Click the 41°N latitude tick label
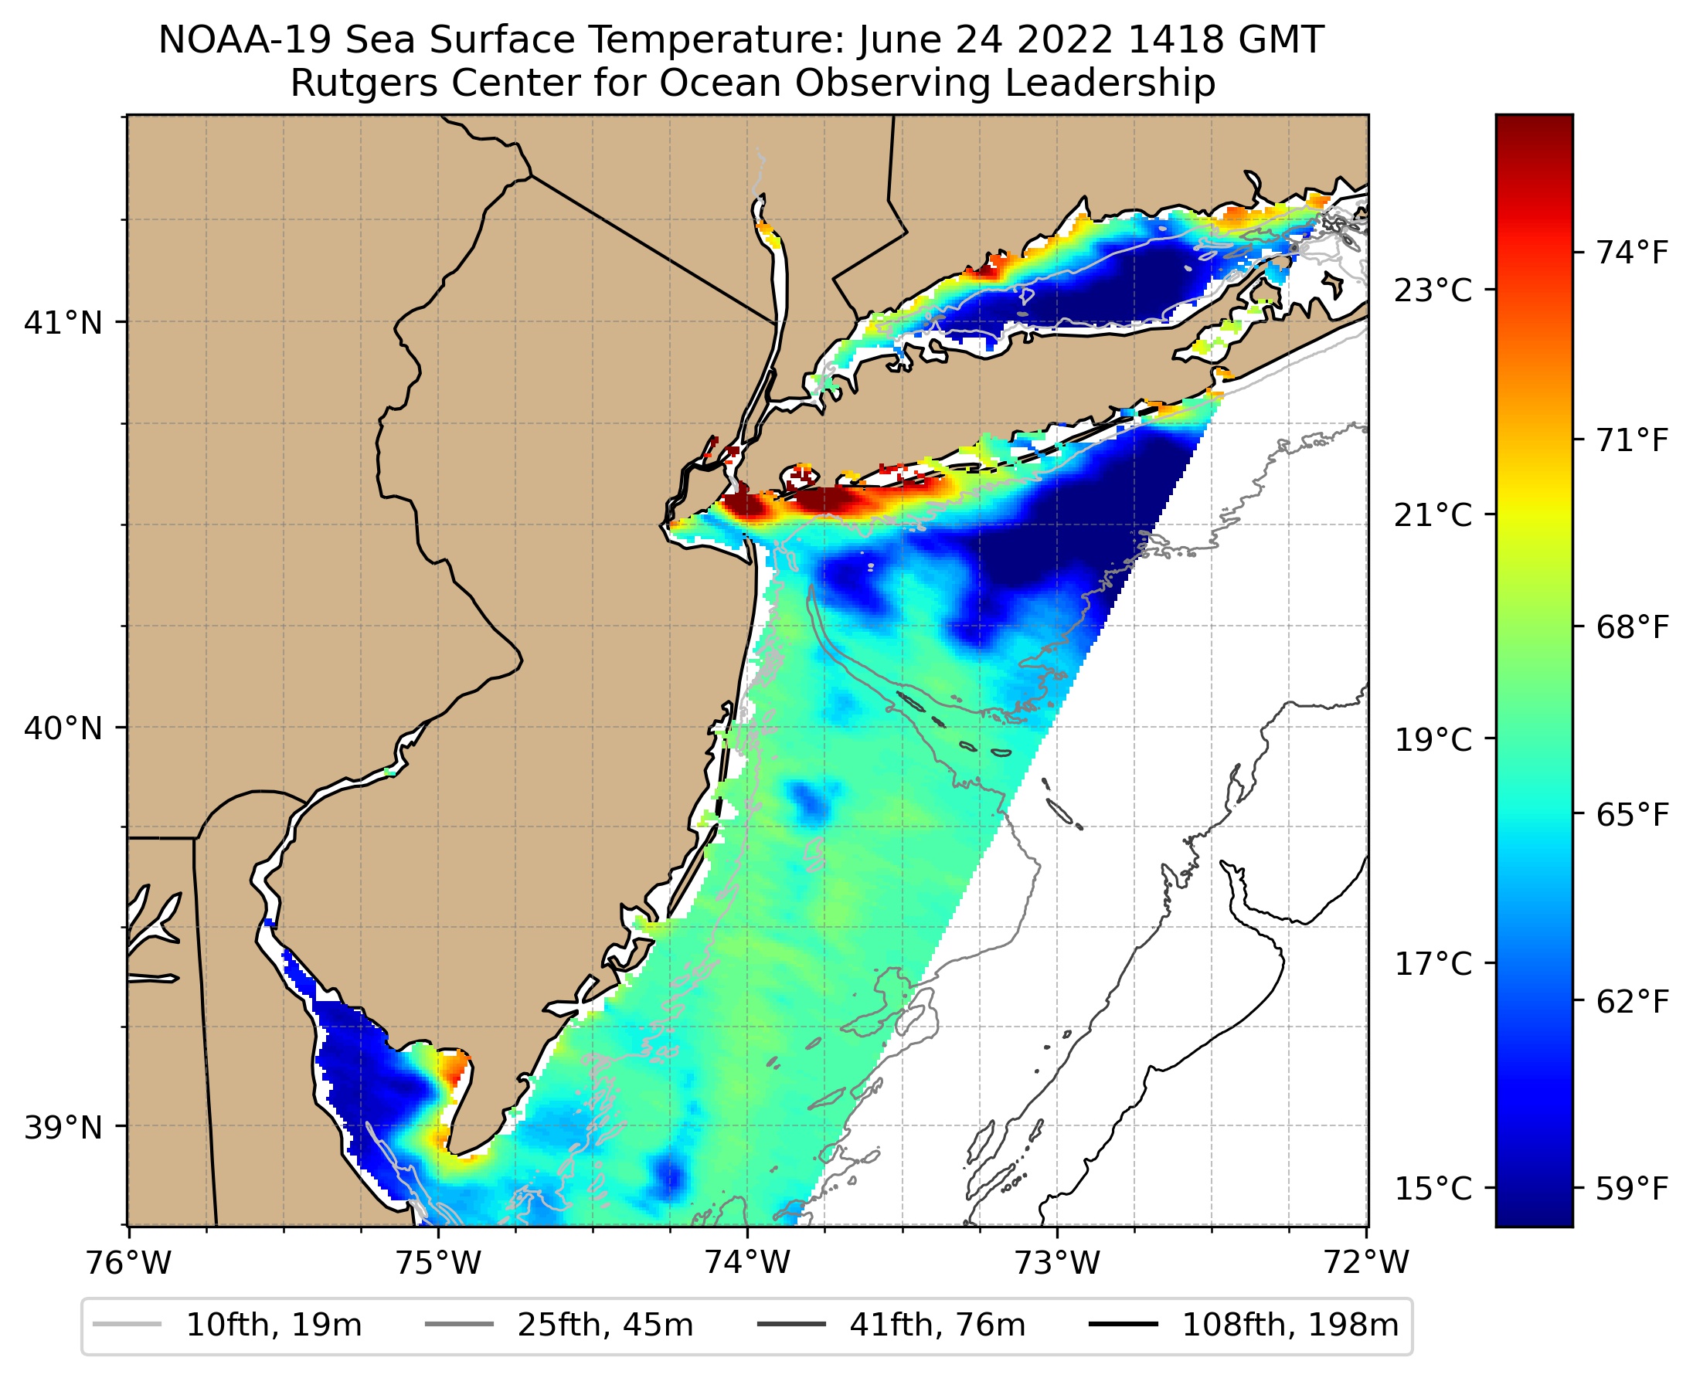pos(63,323)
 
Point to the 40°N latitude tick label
pos(63,728)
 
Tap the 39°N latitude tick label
pos(63,1126)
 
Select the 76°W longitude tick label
pos(127,1262)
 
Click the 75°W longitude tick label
pos(437,1262)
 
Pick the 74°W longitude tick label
pos(747,1262)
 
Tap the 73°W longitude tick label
pos(1057,1262)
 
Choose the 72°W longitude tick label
pos(1367,1262)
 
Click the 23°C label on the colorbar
pos(1433,290)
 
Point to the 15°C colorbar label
pos(1433,1189)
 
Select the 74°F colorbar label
pos(1633,253)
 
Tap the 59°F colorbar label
pos(1633,1189)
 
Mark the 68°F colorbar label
pos(1633,628)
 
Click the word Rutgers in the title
pos(357,83)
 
